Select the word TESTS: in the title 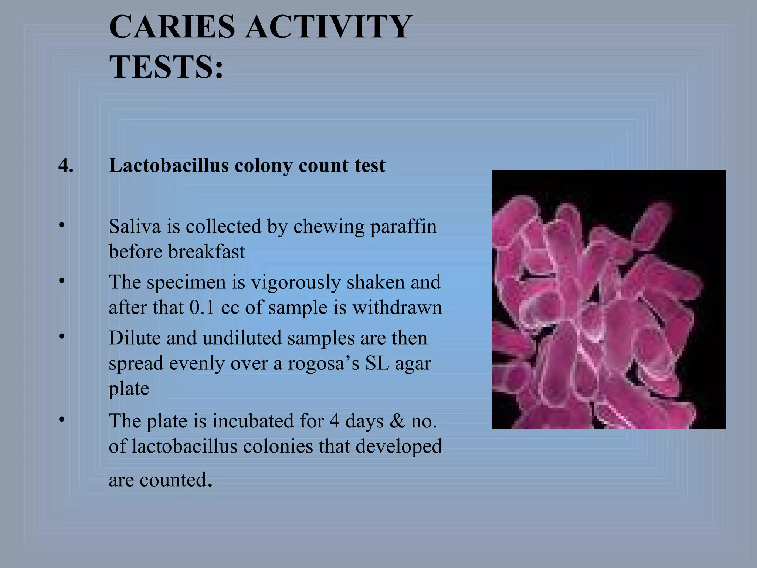[166, 67]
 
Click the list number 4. [66, 165]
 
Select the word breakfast [206, 252]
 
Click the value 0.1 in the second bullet [202, 308]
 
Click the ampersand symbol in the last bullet [397, 421]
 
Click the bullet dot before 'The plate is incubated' [62, 419]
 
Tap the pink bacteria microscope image [608, 300]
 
